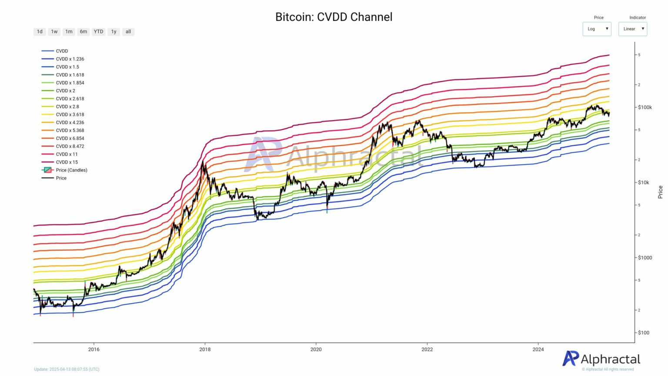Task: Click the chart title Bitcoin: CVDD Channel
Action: [334, 17]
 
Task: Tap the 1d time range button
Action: [40, 32]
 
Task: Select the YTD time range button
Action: [99, 32]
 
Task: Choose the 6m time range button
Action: [83, 32]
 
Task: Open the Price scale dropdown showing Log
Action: [597, 29]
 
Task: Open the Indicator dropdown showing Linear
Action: [633, 29]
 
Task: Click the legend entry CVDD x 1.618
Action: [70, 75]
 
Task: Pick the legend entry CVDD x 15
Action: [67, 162]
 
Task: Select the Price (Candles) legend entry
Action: [71, 170]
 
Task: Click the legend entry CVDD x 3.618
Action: [70, 114]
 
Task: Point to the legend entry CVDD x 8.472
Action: [70, 146]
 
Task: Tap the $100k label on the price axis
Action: [645, 107]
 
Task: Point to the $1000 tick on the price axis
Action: [645, 258]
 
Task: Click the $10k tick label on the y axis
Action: [643, 183]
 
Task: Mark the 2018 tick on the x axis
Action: [205, 349]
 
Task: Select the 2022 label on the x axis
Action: [427, 349]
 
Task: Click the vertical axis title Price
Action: [660, 192]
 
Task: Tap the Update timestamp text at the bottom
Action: [67, 369]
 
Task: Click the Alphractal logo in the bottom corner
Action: [601, 359]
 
